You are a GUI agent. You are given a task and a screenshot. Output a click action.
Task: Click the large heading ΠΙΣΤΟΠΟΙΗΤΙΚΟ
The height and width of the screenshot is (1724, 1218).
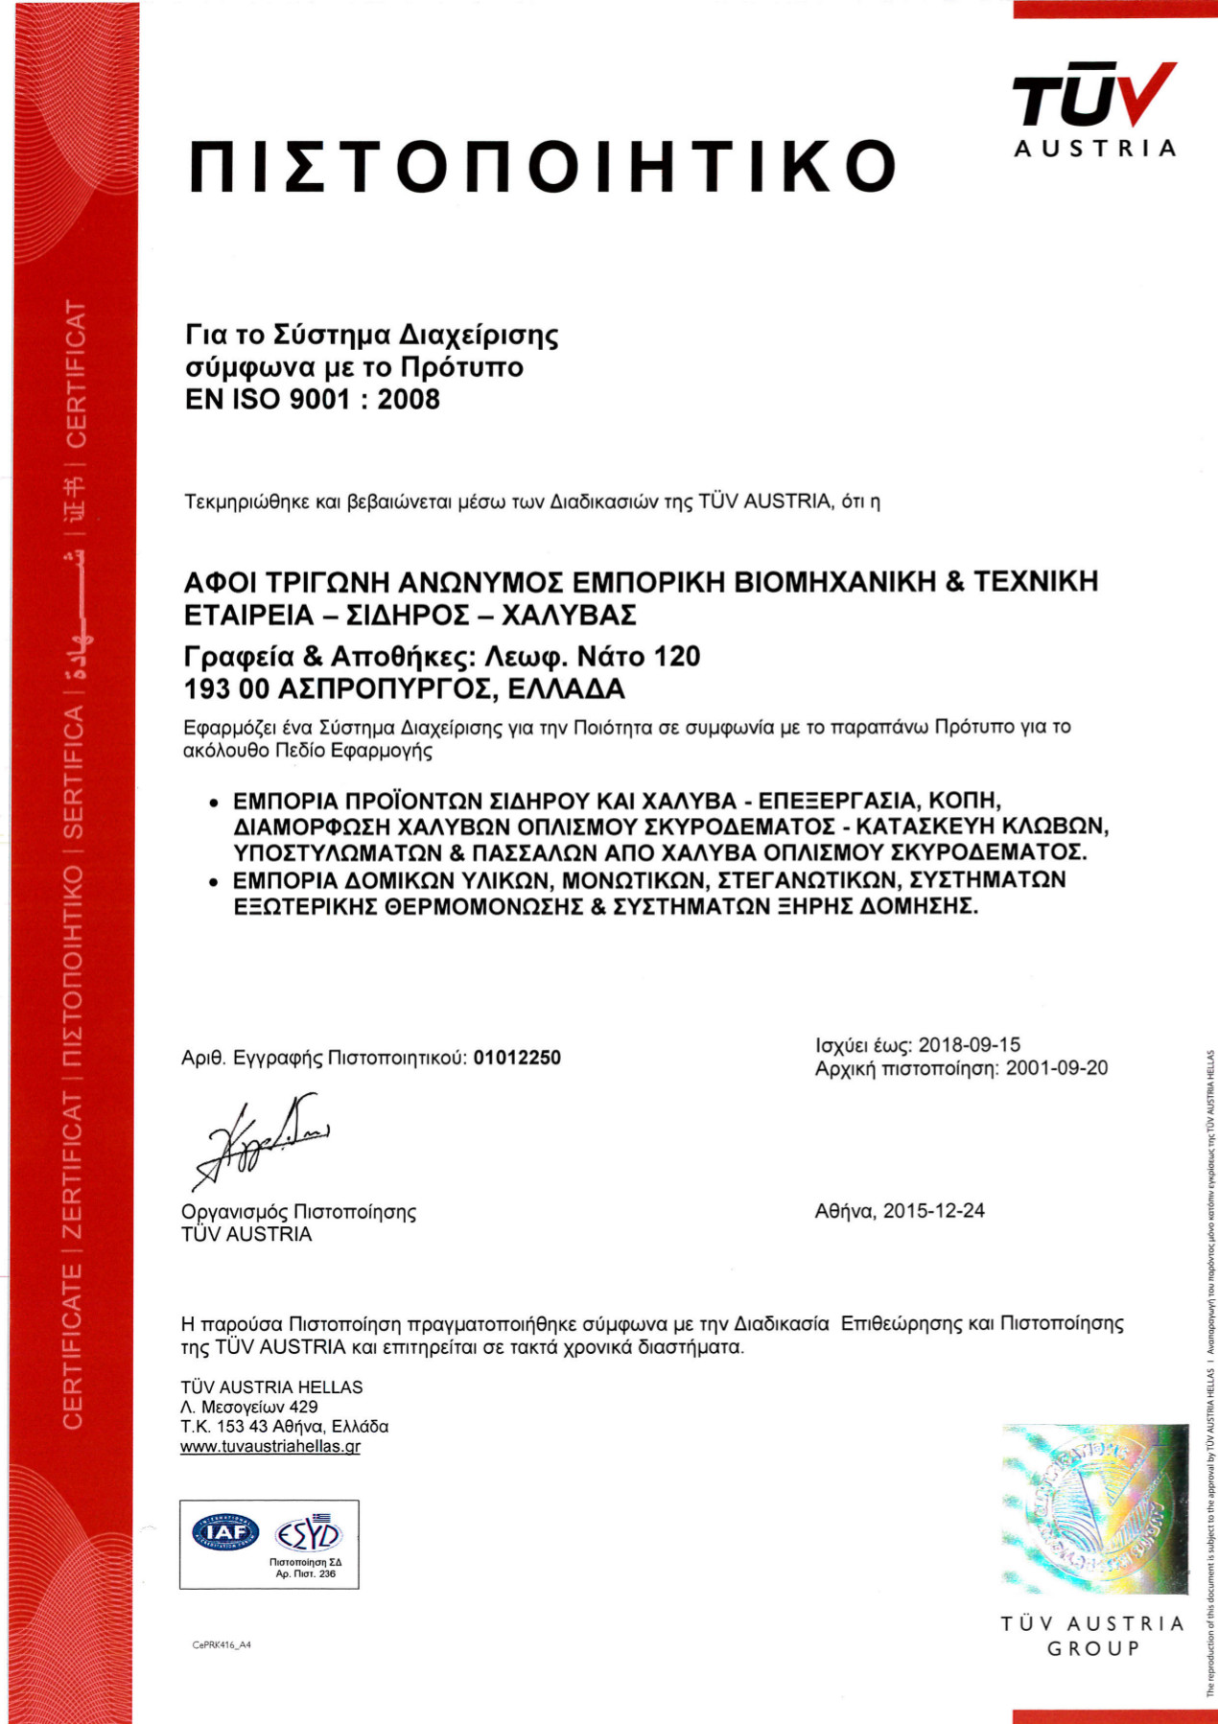pos(543,166)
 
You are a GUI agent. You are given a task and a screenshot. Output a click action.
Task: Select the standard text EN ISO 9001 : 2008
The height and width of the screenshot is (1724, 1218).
pos(313,399)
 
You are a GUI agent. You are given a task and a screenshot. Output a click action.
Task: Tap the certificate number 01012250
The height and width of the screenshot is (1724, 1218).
pos(517,1058)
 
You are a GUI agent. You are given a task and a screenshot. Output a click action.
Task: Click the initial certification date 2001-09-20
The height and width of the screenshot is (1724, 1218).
pos(1056,1068)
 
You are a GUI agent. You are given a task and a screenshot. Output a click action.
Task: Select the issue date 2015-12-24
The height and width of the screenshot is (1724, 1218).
pos(933,1211)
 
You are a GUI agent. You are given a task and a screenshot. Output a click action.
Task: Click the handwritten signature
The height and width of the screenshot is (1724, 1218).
pos(259,1141)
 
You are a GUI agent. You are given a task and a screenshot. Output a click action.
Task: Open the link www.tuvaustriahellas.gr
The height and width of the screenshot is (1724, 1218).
pos(270,1447)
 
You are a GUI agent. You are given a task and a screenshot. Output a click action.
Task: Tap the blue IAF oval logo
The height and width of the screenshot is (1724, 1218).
pos(226,1532)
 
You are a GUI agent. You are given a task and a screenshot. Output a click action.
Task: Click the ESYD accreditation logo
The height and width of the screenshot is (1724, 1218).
pos(308,1535)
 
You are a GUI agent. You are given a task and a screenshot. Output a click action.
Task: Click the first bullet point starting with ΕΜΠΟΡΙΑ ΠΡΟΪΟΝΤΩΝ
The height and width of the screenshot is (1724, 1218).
pos(662,826)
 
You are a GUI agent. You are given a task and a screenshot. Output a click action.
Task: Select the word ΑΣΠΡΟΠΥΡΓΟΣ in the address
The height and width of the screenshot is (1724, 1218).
pos(384,688)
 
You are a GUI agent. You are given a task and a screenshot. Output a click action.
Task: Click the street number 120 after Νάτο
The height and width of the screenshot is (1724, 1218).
pos(677,657)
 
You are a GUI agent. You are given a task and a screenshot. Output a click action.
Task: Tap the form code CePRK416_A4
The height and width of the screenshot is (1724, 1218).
pos(222,1645)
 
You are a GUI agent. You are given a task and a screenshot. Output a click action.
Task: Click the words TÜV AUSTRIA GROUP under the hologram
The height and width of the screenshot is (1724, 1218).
pos(1092,1636)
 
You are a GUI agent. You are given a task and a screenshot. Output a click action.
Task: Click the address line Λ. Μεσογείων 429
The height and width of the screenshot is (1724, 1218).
pos(249,1407)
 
